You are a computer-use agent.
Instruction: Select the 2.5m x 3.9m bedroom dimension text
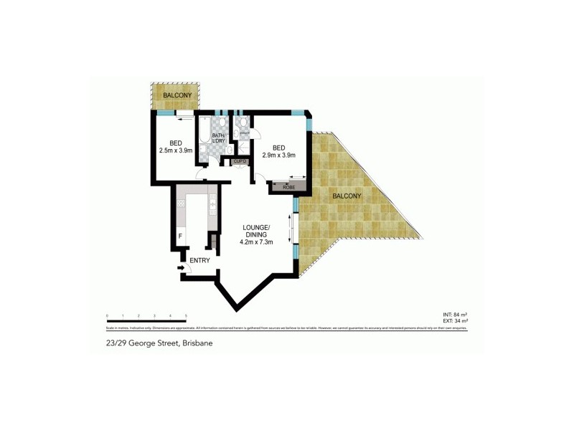pos(175,150)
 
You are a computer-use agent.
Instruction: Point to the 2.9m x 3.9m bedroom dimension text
pos(279,155)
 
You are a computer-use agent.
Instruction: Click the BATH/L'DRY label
pos(218,139)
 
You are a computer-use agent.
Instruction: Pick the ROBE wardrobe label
pos(288,188)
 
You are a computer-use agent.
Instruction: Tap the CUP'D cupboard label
pos(240,162)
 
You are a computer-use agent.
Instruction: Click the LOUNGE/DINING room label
pos(255,231)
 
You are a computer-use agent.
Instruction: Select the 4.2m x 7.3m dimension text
pos(256,243)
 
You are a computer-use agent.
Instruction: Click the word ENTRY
pos(200,260)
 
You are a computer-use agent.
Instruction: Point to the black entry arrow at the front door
pos(180,269)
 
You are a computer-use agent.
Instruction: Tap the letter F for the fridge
pos(179,235)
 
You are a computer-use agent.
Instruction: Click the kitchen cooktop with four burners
pos(181,203)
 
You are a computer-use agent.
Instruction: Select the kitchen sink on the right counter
pos(213,205)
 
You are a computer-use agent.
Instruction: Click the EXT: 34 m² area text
pos(455,321)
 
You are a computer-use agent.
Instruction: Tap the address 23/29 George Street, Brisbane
pos(158,343)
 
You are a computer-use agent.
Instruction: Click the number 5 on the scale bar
pos(186,316)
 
